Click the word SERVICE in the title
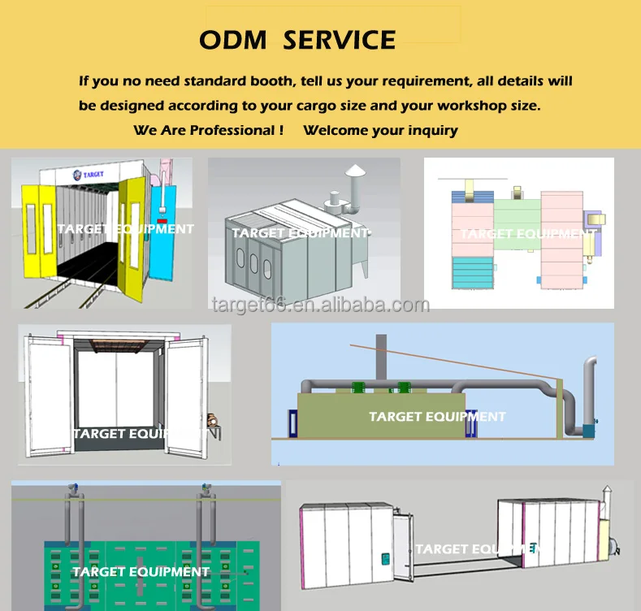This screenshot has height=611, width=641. [339, 39]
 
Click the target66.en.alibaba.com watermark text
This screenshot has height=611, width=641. [319, 305]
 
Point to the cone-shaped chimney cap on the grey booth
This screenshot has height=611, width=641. [354, 171]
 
